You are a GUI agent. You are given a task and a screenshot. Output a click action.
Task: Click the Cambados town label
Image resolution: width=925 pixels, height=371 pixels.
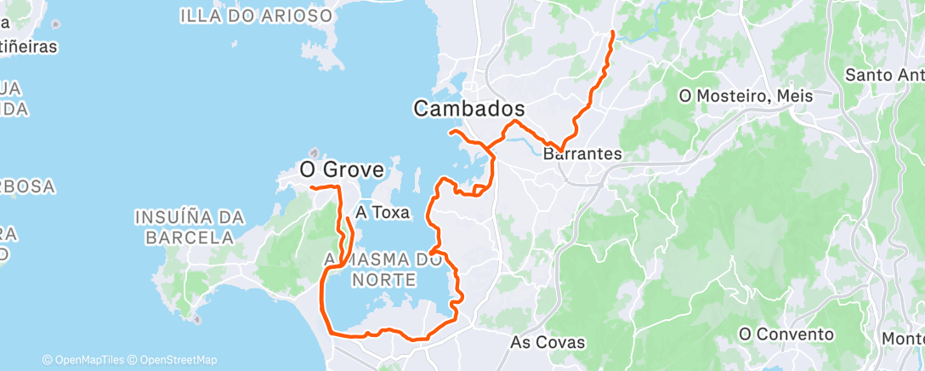pyautogui.click(x=468, y=109)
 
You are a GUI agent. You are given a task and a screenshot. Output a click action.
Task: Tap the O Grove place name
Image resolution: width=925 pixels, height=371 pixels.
pyautogui.click(x=341, y=170)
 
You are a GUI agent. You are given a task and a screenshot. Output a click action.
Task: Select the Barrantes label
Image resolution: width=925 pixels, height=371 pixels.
pyautogui.click(x=582, y=155)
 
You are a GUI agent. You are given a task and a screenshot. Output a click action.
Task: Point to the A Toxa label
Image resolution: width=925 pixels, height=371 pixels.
pyautogui.click(x=383, y=212)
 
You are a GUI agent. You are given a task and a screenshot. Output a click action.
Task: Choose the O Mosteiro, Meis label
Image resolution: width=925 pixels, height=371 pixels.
pyautogui.click(x=746, y=96)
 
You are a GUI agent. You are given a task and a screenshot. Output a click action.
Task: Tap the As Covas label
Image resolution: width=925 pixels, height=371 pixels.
pyautogui.click(x=548, y=342)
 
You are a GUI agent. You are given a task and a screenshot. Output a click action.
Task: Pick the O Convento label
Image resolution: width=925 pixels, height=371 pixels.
pyautogui.click(x=786, y=334)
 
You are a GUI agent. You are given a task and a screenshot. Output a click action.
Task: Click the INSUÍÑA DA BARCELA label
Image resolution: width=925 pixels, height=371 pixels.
pyautogui.click(x=189, y=228)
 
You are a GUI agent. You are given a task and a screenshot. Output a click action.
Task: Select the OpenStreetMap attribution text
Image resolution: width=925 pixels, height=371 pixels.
pyautogui.click(x=179, y=360)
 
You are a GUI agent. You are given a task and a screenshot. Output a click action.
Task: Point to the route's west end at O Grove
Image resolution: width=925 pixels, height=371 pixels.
pyautogui.click(x=310, y=186)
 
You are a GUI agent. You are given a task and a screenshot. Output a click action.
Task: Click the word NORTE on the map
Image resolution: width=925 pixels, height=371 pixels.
pyautogui.click(x=387, y=279)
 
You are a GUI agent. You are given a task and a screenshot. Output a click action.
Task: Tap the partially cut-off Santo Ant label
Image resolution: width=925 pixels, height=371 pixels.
pyautogui.click(x=884, y=75)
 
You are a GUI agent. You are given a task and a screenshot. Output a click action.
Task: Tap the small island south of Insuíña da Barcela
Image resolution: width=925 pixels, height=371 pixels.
pyautogui.click(x=197, y=321)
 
